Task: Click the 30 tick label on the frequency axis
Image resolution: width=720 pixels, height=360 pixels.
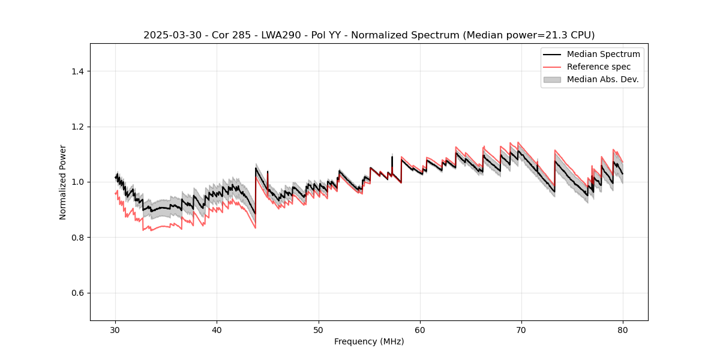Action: point(115,330)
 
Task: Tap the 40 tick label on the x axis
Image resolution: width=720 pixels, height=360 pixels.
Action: point(217,330)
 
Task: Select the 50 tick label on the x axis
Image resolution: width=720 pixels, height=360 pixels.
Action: point(318,330)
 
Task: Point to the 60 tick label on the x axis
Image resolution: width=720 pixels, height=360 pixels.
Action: point(420,330)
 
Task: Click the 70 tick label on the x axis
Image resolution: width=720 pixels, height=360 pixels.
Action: point(521,330)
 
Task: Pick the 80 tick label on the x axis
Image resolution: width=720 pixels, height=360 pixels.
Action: point(623,330)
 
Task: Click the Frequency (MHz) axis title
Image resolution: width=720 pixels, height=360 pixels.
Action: point(369,342)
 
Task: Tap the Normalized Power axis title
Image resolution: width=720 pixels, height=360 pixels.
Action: point(63,182)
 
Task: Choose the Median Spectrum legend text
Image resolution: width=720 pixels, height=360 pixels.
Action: point(603,54)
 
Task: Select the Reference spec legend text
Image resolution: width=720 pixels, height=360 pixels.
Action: point(599,67)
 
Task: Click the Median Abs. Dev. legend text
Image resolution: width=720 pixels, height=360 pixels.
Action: point(603,79)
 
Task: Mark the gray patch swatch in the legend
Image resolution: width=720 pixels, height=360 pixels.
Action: point(552,79)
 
